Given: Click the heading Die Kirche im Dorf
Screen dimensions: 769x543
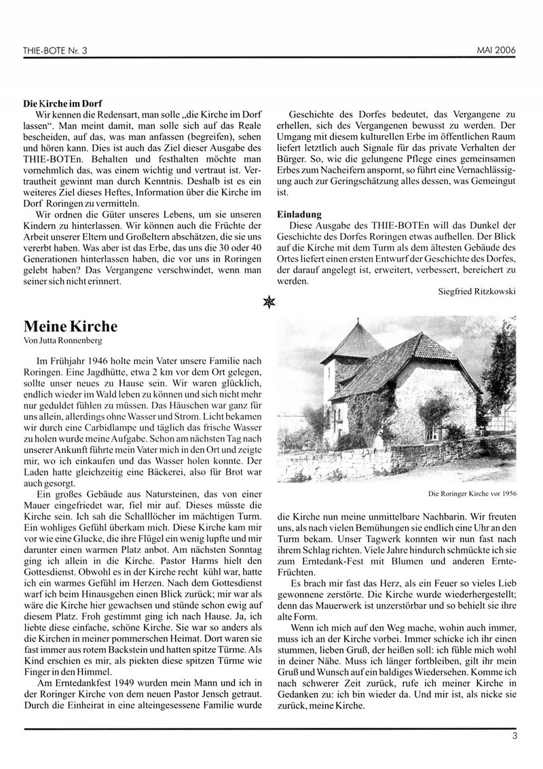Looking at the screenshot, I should tap(62, 105).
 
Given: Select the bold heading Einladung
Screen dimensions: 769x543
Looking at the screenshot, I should tap(299, 214).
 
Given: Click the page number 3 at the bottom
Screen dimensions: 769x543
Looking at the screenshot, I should tap(515, 734).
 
